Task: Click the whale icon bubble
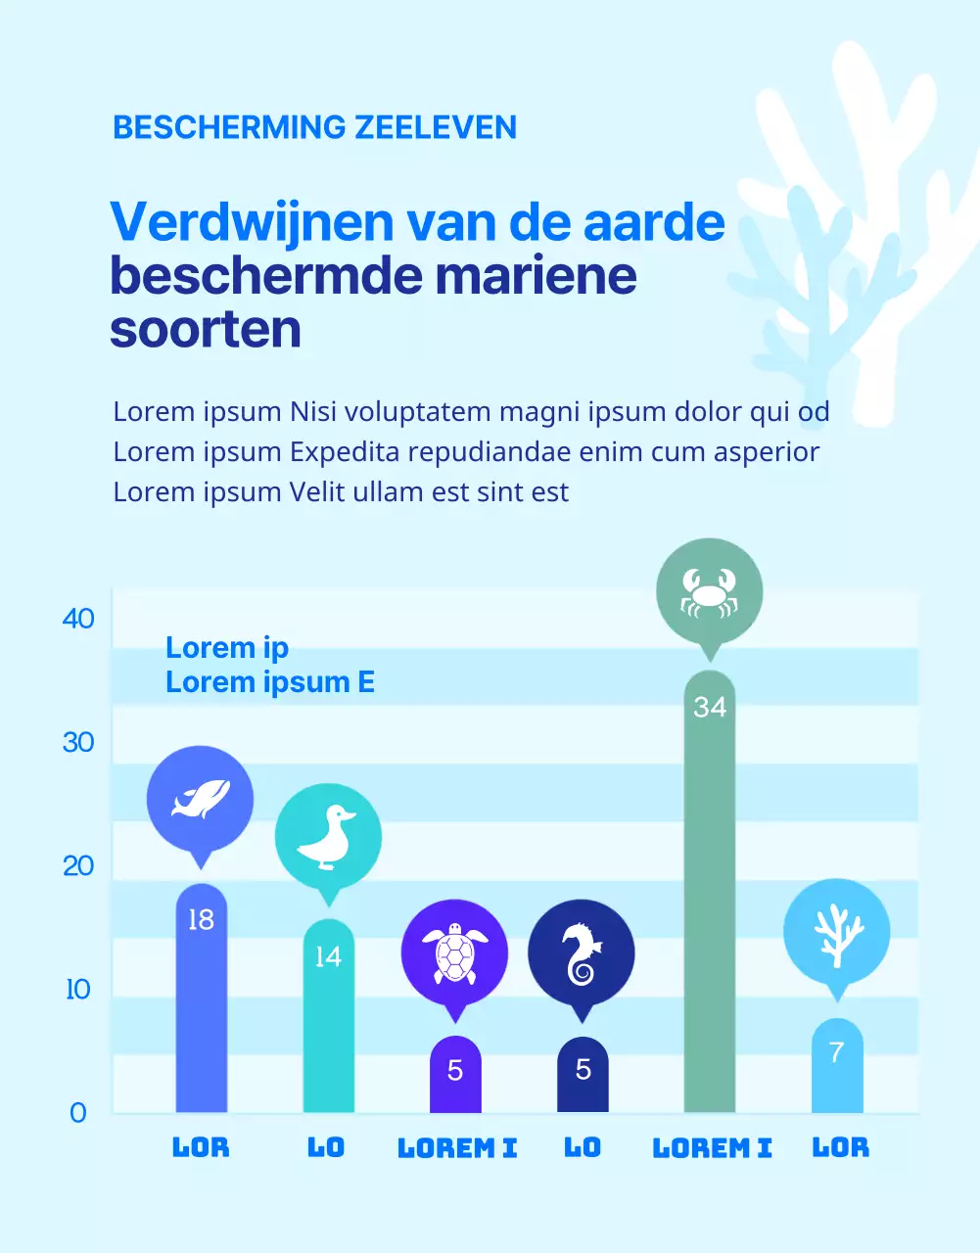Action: pyautogui.click(x=201, y=799)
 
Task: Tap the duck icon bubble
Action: pyautogui.click(x=328, y=837)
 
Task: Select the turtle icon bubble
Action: pyautogui.click(x=454, y=952)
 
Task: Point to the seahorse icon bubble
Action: pyautogui.click(x=582, y=952)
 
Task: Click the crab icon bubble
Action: pyautogui.click(x=709, y=591)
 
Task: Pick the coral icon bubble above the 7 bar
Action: pyautogui.click(x=836, y=932)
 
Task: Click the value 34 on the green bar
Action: pyautogui.click(x=710, y=707)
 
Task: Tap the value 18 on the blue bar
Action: pyautogui.click(x=201, y=920)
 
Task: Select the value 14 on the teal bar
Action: pyautogui.click(x=328, y=956)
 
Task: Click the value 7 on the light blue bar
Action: pyautogui.click(x=836, y=1052)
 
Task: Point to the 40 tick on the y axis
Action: pyautogui.click(x=78, y=619)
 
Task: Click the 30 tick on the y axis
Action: pyautogui.click(x=78, y=742)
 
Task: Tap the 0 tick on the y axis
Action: pyautogui.click(x=78, y=1113)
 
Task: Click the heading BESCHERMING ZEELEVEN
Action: pyautogui.click(x=314, y=127)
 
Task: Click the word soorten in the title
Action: pyautogui.click(x=206, y=329)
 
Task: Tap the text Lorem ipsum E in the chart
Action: pyautogui.click(x=270, y=681)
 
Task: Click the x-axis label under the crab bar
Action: pyautogui.click(x=712, y=1147)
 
